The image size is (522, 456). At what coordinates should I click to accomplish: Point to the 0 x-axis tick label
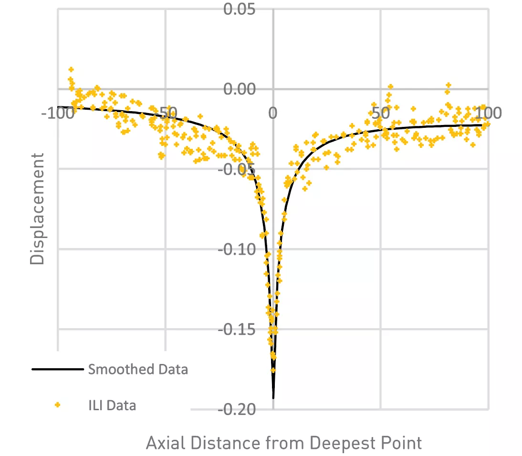[x=272, y=113]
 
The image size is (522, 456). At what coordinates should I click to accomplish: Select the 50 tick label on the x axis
[x=380, y=113]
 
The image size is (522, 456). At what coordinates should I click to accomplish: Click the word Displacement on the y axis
[x=37, y=208]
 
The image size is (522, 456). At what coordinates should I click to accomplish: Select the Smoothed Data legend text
[x=137, y=369]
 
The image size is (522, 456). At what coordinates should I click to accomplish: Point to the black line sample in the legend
[x=58, y=369]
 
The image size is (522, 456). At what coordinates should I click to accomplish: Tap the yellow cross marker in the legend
[x=58, y=405]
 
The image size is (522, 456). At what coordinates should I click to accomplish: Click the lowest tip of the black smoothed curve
[x=273, y=398]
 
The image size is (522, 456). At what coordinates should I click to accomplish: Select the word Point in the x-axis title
[x=401, y=443]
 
